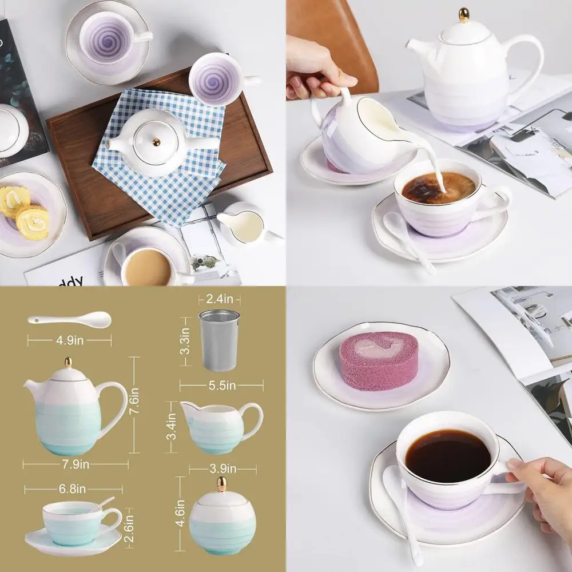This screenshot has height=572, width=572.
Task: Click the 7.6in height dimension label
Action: tap(135, 404)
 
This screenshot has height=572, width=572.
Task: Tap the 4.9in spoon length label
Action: tap(69, 340)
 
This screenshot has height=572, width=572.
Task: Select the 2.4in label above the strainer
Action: tap(220, 299)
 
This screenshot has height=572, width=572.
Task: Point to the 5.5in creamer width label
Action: tap(221, 386)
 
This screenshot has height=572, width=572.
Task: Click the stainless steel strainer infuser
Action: tap(220, 340)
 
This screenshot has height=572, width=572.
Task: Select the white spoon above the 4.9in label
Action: tap(69, 319)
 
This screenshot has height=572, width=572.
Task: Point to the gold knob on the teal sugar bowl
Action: tap(221, 484)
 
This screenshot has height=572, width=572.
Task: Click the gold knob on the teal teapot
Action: tap(68, 363)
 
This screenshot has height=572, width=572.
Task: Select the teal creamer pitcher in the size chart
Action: tap(220, 427)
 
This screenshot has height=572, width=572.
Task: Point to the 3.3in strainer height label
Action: tap(185, 340)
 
